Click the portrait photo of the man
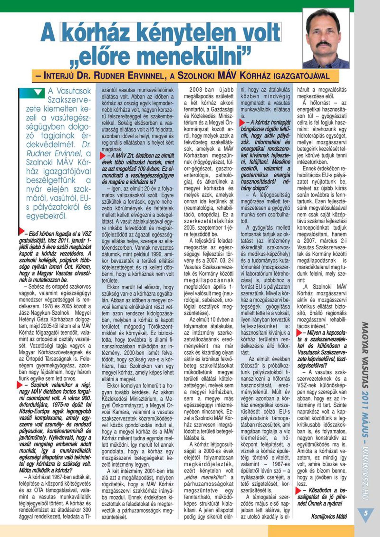pos(326,38)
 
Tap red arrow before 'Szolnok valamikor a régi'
pos(20,385)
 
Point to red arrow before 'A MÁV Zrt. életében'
pos(103,155)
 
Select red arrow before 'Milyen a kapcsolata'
pos(299,333)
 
